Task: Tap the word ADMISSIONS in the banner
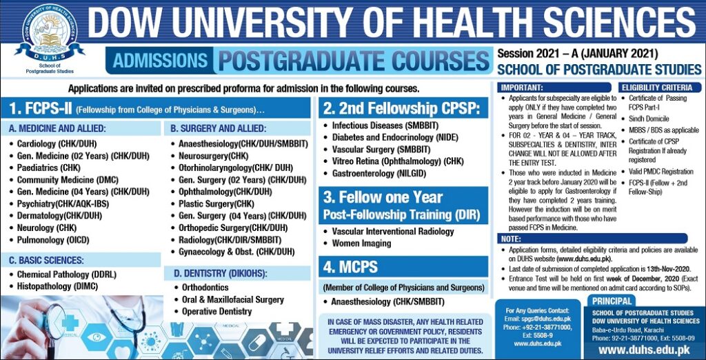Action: [x=160, y=61]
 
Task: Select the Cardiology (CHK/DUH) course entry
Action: [x=57, y=144]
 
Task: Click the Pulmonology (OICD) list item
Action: [x=53, y=240]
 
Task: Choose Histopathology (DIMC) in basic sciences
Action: [x=57, y=286]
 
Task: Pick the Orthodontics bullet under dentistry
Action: [x=205, y=288]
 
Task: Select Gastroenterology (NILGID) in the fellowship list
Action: [x=379, y=174]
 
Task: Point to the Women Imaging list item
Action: [x=361, y=243]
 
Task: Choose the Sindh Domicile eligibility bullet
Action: [x=649, y=119]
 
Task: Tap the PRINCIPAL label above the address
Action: [x=612, y=301]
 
